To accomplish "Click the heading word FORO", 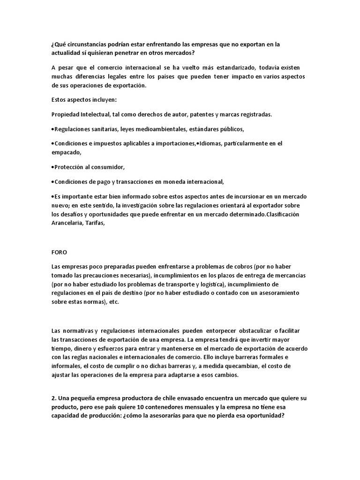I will click(x=59, y=252).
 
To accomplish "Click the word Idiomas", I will click(x=211, y=143).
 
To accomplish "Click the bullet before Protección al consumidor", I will click(x=53, y=167).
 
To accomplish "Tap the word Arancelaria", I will click(x=68, y=223).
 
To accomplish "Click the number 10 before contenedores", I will click(x=157, y=407).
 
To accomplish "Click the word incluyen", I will click(x=107, y=100).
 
